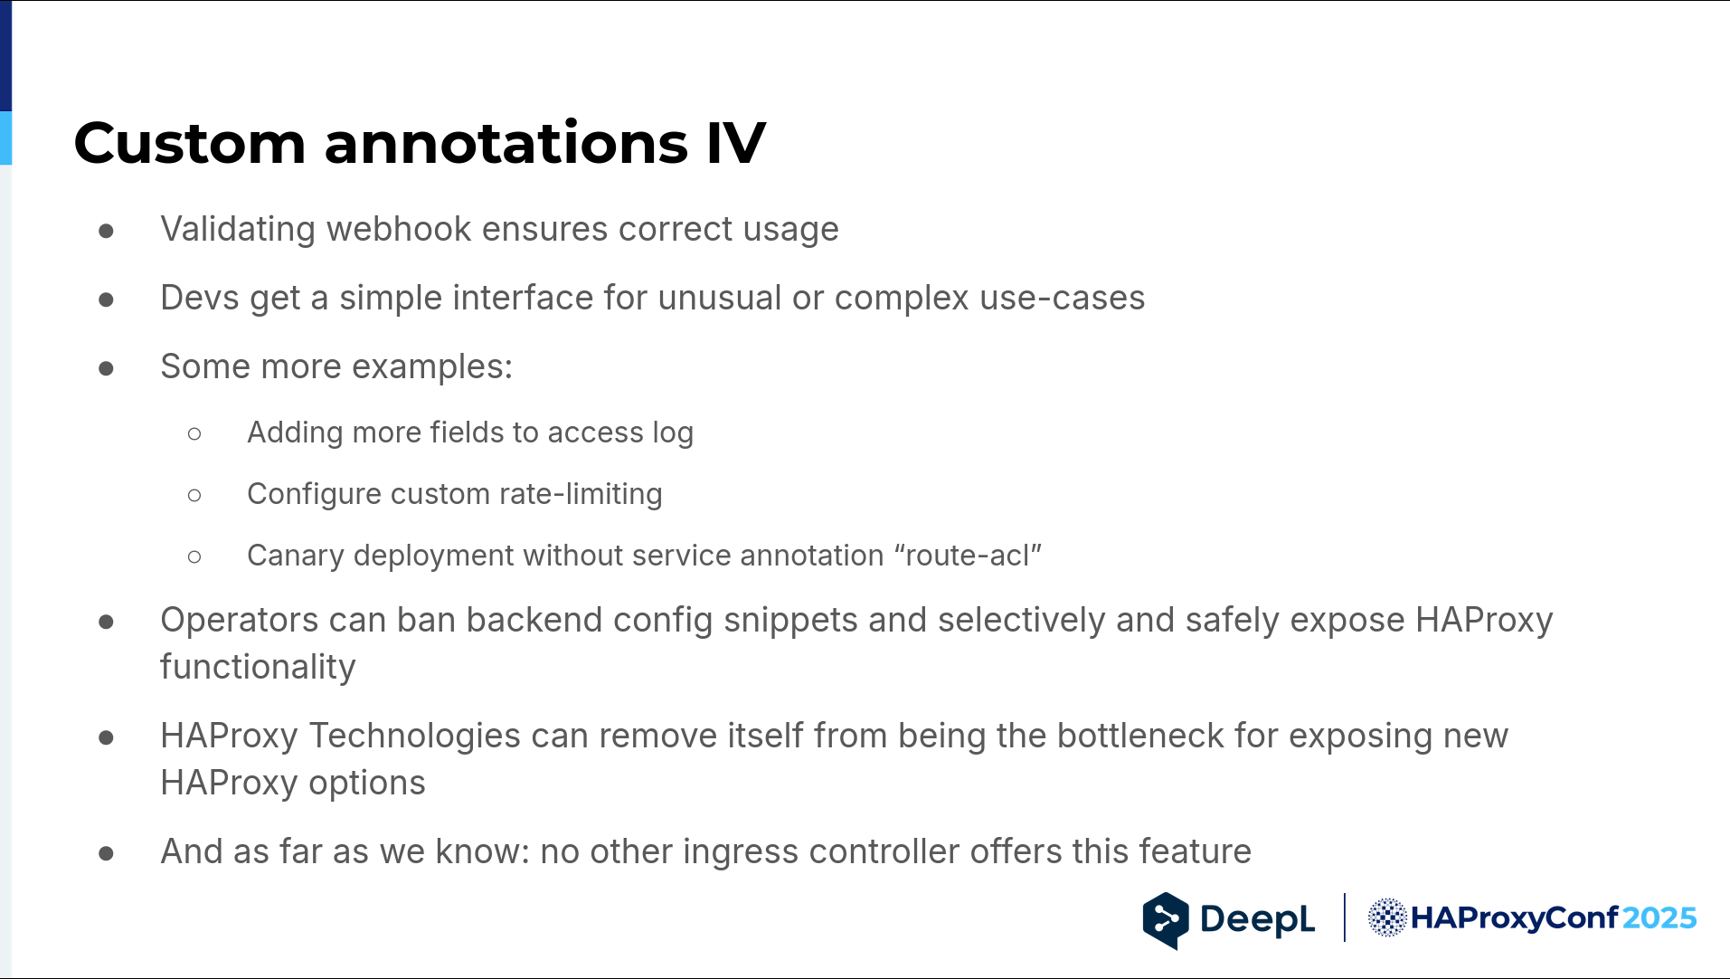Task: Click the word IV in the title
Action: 735,143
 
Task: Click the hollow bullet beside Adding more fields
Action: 194,434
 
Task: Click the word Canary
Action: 296,556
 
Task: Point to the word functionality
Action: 259,668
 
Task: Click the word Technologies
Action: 415,737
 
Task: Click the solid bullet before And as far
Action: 106,853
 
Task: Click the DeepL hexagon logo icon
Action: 1166,920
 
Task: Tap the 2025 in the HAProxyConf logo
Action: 1659,918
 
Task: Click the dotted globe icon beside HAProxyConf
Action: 1386,917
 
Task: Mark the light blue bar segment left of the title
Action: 5,138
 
